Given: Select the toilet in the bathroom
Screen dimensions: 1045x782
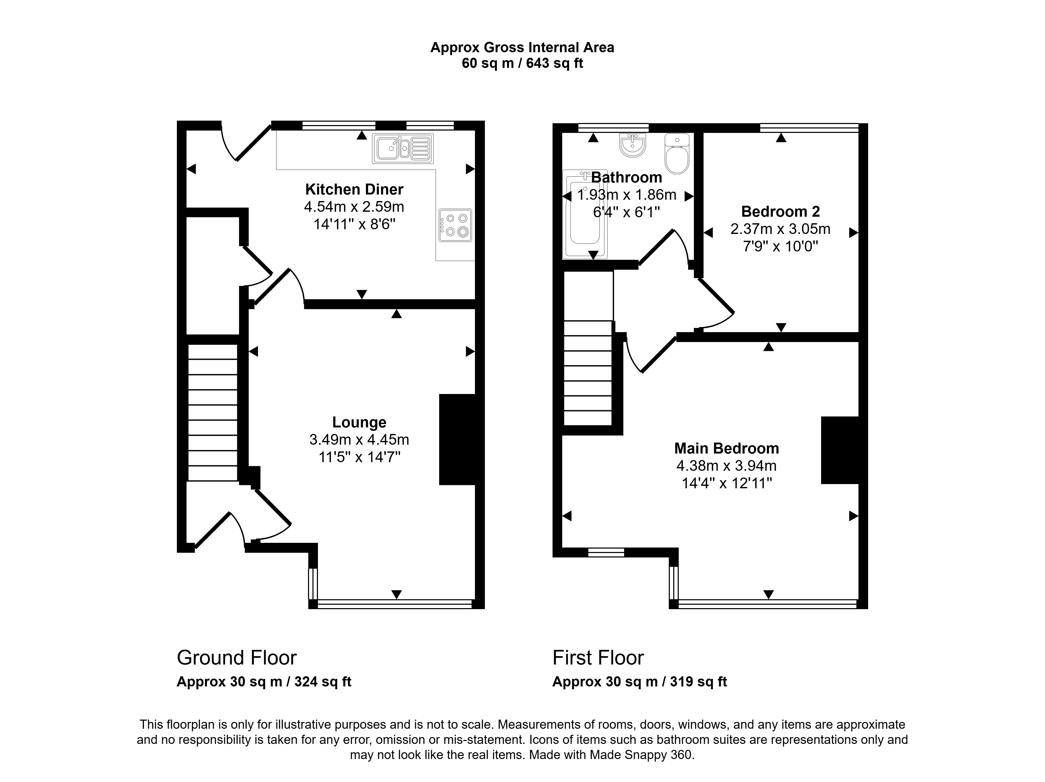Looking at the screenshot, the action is coord(677,154).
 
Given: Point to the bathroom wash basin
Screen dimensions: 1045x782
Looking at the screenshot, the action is coord(632,144).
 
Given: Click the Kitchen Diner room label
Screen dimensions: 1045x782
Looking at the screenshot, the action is coord(354,189).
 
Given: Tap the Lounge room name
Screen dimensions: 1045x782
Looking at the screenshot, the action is coord(359,422).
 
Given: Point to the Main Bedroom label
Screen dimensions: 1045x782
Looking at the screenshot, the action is coord(727,448).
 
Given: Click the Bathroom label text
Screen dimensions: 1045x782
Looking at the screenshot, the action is coord(626,178).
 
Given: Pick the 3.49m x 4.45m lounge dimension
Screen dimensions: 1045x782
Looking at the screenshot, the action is coord(359,440).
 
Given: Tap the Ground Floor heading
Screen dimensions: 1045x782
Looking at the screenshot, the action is coord(237,657).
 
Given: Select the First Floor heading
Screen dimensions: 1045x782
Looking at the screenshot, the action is coord(598,657).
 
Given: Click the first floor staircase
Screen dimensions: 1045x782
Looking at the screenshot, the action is coord(588,373).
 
